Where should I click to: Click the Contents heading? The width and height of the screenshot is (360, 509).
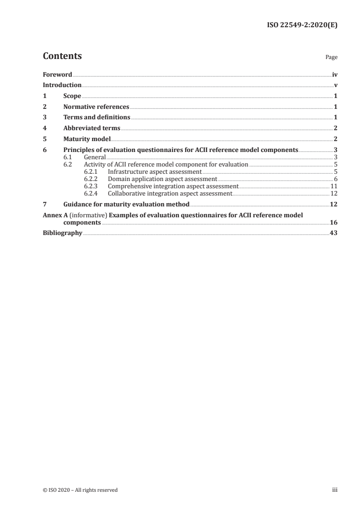tap(62, 56)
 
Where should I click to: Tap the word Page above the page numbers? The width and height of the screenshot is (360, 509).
tap(331, 58)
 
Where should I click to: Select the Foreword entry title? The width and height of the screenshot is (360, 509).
tap(57, 74)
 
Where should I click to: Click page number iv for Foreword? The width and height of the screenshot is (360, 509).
tap(334, 74)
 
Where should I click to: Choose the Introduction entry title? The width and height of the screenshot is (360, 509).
tap(62, 85)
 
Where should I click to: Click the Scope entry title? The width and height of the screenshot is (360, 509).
tap(72, 96)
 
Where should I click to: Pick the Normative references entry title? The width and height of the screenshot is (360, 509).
tap(96, 107)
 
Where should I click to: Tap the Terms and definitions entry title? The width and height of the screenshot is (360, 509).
tap(97, 118)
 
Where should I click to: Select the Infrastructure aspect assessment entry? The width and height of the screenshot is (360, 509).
tap(154, 172)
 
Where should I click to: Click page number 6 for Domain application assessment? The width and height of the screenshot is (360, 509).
tap(335, 179)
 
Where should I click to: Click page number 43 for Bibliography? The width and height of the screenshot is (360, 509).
tap(333, 233)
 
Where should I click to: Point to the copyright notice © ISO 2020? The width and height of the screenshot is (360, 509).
tap(80, 490)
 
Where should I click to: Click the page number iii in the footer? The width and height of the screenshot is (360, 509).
tap(335, 490)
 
